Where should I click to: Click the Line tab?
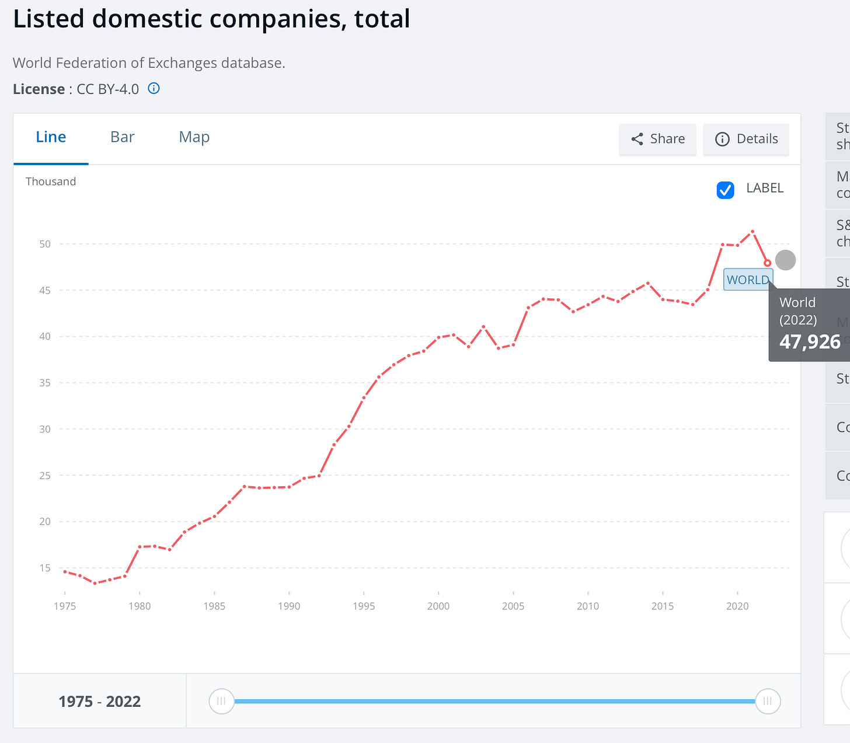tap(51, 137)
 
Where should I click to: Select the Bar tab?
tap(123, 137)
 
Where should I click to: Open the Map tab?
tap(194, 137)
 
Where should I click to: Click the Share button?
tap(657, 139)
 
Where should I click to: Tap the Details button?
tap(746, 139)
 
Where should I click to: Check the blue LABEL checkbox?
tap(725, 190)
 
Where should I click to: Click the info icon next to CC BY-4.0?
tap(154, 89)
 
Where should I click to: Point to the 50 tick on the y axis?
tap(45, 244)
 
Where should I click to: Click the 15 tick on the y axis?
tap(45, 568)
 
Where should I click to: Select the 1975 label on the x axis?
tap(65, 606)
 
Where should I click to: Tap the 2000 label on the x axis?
tap(438, 606)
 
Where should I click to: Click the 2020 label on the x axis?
tap(737, 606)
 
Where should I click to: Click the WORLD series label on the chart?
tap(748, 280)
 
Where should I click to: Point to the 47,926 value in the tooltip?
tap(810, 341)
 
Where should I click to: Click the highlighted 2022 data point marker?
tap(768, 263)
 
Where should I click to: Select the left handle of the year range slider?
tap(221, 701)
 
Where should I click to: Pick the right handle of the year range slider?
tap(768, 701)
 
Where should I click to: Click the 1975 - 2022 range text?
tap(100, 702)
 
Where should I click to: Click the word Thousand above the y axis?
tap(51, 182)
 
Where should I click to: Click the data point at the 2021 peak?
tap(753, 232)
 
